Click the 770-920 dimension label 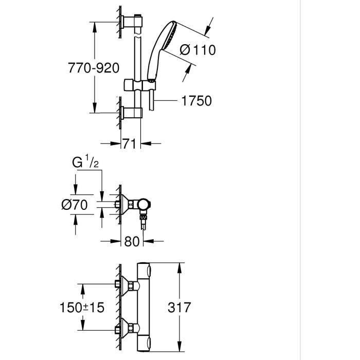94,67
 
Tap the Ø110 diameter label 198,50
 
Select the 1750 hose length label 196,101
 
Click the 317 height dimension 179,307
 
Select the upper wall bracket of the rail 132,21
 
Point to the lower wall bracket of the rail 132,113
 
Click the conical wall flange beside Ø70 124,205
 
